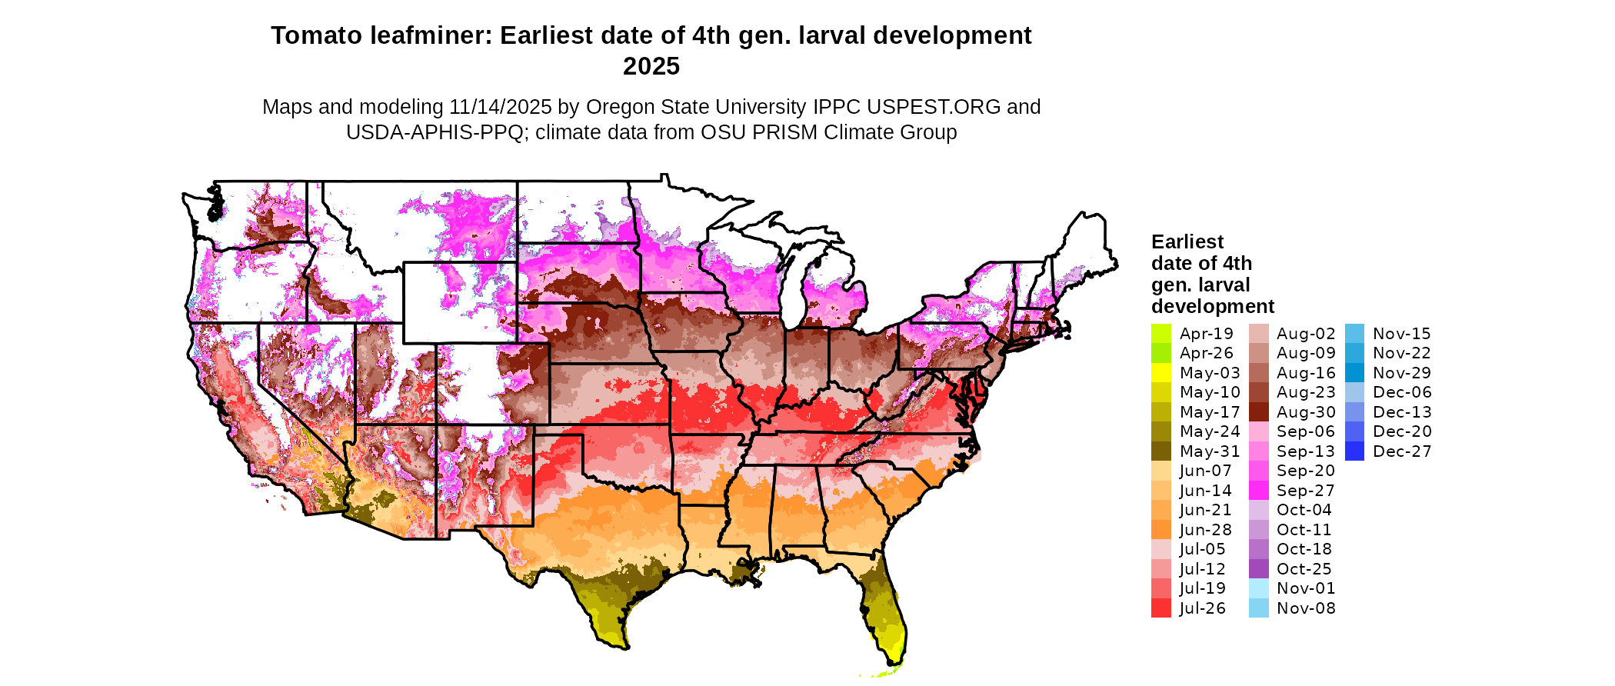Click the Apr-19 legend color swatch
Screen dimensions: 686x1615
(x=1160, y=334)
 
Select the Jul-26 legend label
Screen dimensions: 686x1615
(x=1203, y=608)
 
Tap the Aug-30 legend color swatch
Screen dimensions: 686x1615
(x=1259, y=412)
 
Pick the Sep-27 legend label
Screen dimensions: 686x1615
(x=1305, y=491)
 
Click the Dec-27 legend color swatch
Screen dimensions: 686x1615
(x=1355, y=451)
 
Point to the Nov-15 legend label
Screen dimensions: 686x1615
(x=1401, y=334)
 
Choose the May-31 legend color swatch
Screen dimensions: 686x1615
(x=1160, y=451)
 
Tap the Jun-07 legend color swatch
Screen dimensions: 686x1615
(x=1160, y=471)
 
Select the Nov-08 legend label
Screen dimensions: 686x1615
(x=1306, y=608)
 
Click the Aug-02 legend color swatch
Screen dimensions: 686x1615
(x=1259, y=334)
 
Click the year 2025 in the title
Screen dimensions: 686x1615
(x=651, y=66)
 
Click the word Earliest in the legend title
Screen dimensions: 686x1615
(x=1187, y=241)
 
